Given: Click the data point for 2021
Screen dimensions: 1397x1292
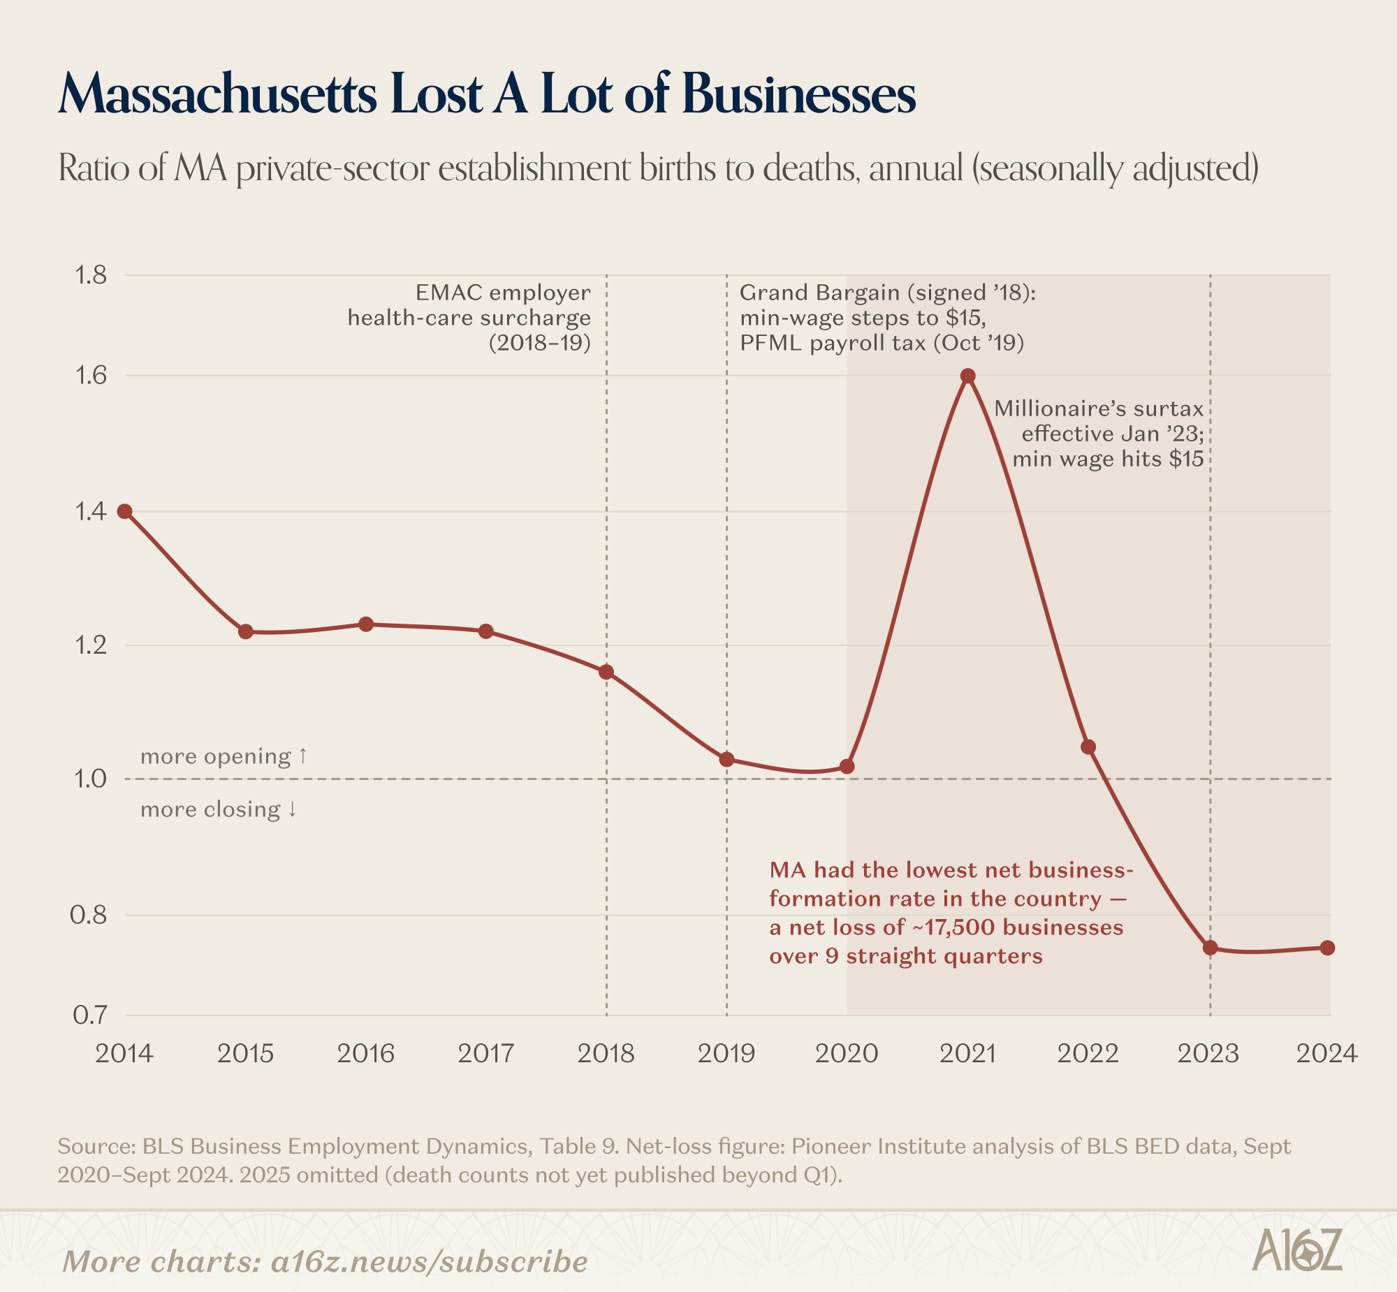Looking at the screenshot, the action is (x=967, y=376).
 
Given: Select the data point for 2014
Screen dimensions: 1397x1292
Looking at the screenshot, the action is (x=124, y=511).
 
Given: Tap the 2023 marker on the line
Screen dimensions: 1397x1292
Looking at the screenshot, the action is (x=1211, y=947).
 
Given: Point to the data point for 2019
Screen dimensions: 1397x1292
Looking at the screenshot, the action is (x=726, y=759).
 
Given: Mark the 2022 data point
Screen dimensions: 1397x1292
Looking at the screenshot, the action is (x=1088, y=747).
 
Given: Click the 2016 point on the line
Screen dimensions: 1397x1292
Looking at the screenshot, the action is (x=366, y=624).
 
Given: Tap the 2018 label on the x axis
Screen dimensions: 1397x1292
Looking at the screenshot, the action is (x=606, y=1053).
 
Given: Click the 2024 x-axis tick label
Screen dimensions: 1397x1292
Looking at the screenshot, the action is (x=1326, y=1053).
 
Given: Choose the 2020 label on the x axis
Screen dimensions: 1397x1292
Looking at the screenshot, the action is (x=846, y=1053).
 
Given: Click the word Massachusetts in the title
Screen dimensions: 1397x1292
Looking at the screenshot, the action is (x=217, y=94).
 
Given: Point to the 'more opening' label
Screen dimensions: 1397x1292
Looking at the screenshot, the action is (x=223, y=756).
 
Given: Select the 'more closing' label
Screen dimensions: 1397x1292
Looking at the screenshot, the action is (x=219, y=809).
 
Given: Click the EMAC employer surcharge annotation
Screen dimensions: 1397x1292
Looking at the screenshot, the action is (x=469, y=317).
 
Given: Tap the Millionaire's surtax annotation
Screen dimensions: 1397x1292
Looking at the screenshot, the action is (x=1109, y=434).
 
